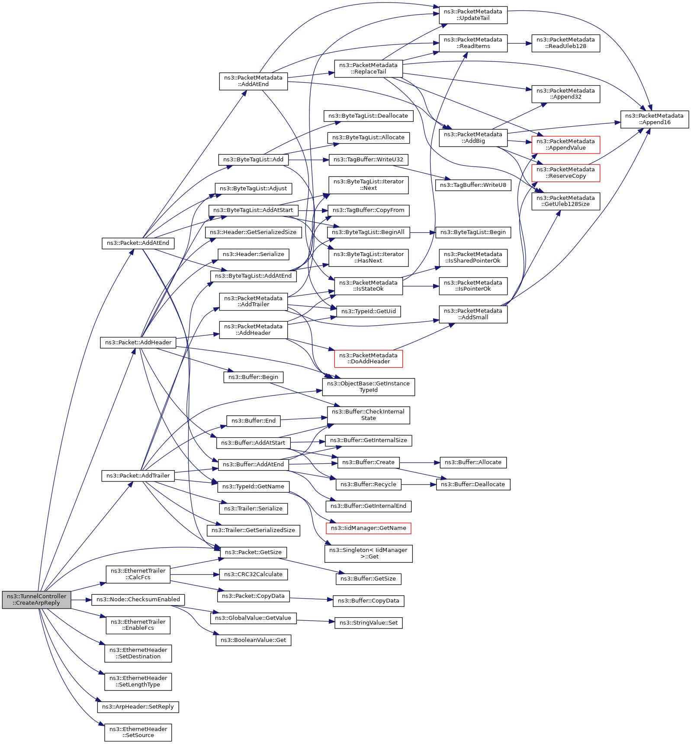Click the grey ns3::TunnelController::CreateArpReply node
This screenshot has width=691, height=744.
36,599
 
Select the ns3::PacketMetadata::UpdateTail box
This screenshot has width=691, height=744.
473,15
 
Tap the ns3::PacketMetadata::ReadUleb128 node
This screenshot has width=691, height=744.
566,43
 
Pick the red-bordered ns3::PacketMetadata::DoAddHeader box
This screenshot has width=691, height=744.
368,358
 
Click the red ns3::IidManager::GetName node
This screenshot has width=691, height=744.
368,528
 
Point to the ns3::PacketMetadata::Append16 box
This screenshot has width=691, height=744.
654,119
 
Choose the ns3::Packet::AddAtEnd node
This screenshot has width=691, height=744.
138,243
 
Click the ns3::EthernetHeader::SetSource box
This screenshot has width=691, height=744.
138,732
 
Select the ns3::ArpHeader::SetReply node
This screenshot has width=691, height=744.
138,706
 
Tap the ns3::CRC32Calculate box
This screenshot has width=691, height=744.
253,574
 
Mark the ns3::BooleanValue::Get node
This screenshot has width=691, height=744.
253,640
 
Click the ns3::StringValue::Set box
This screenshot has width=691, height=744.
368,622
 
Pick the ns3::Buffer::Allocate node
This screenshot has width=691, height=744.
473,462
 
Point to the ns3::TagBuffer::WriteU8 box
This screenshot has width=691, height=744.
473,185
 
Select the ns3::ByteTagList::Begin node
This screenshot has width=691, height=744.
473,232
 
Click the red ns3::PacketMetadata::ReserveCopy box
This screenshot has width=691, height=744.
566,173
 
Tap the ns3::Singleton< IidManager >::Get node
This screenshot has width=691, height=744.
368,553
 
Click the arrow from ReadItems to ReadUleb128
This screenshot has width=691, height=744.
519,43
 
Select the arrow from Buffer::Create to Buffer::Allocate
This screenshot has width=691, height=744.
419,462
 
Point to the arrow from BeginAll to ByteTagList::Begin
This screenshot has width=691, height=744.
422,232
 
